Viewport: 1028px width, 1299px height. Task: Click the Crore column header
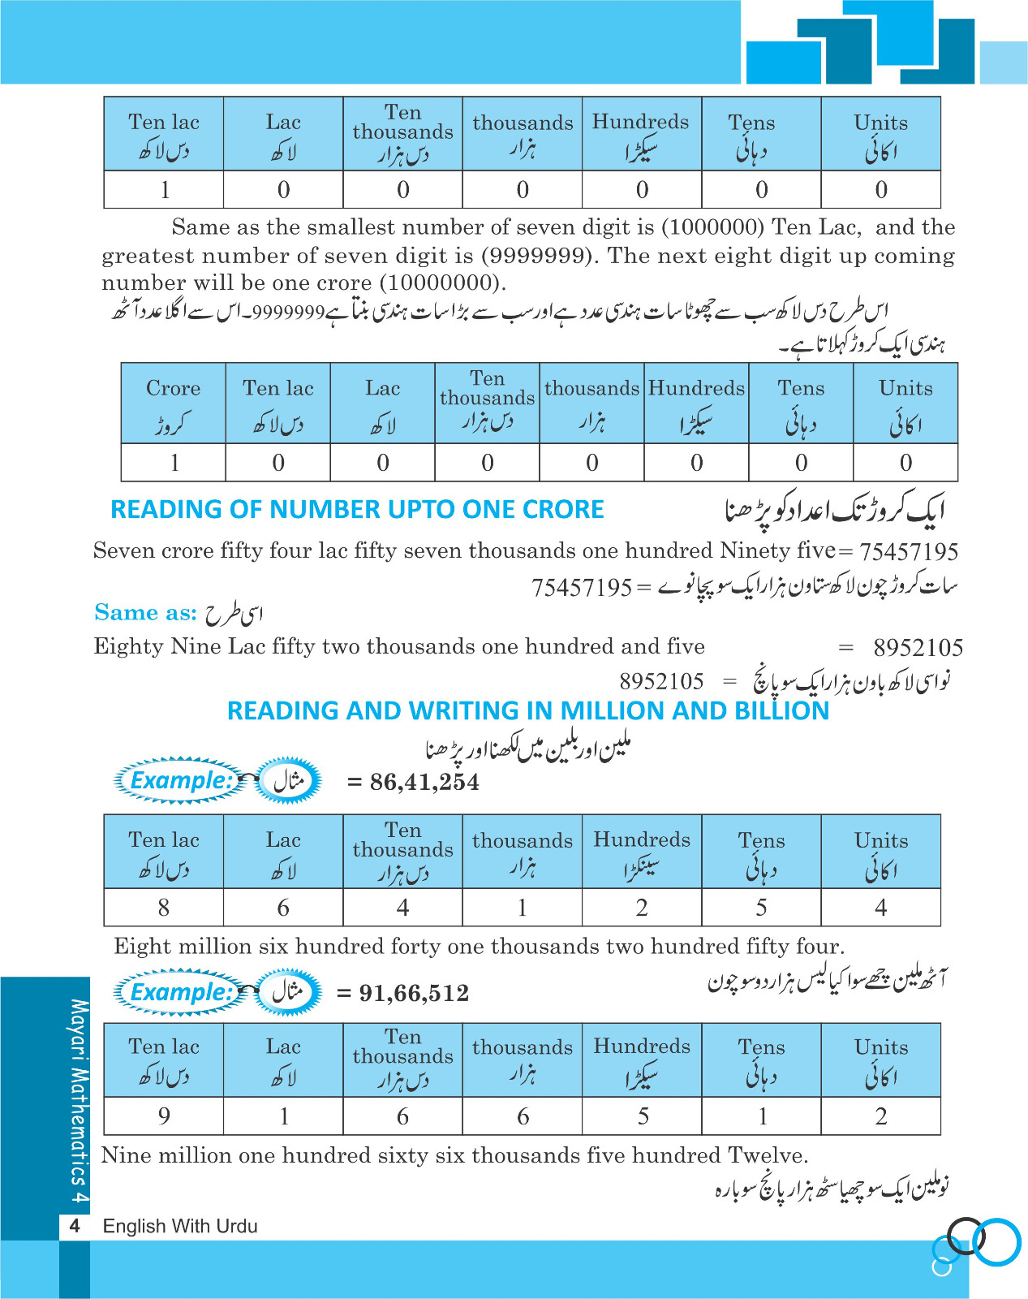pos(173,403)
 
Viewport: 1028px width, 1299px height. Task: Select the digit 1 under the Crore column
pos(174,463)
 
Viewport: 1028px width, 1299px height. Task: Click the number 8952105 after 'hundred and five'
pos(918,648)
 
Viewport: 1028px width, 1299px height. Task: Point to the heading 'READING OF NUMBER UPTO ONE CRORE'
pos(357,509)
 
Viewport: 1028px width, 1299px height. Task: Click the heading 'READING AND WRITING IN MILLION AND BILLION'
pos(528,710)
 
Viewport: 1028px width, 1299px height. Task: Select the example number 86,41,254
pos(424,782)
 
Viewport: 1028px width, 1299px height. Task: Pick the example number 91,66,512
pos(414,993)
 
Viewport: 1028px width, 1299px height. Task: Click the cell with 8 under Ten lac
pos(164,907)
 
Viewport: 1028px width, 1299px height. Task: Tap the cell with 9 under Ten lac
pos(164,1116)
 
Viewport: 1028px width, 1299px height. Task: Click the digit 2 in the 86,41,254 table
pos(642,907)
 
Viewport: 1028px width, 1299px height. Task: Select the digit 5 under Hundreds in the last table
pos(643,1116)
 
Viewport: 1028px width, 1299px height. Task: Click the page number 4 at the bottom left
pos(75,1226)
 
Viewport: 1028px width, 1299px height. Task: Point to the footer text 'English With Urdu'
pos(180,1226)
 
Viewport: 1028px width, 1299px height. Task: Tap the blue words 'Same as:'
pos(145,612)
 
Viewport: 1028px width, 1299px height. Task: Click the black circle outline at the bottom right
pos(966,1236)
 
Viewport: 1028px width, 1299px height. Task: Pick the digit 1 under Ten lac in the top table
pos(165,190)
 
